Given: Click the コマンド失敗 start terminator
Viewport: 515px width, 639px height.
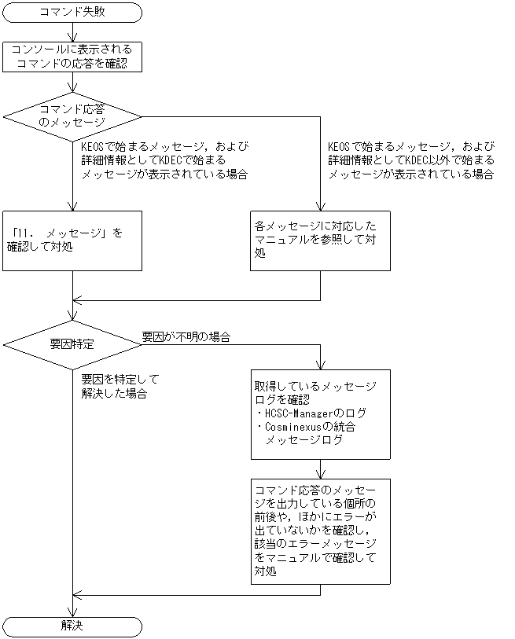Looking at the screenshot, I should click(x=72, y=12).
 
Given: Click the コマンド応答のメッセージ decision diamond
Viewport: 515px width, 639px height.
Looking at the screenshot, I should click(x=72, y=116).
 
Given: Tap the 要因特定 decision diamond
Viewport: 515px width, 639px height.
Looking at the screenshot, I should click(x=72, y=344).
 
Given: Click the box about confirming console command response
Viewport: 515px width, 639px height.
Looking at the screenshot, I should click(x=72, y=57).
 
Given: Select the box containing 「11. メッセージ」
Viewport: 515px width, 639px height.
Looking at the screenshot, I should click(x=72, y=241).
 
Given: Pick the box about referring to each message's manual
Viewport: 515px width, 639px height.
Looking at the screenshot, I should click(x=321, y=241).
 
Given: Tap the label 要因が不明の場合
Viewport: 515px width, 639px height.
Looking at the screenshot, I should click(x=186, y=336).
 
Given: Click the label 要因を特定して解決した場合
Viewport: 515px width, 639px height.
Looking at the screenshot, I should click(x=114, y=387).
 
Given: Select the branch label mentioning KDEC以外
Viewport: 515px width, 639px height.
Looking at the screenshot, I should click(x=410, y=160).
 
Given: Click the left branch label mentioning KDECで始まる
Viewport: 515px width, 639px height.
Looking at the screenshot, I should click(x=165, y=160).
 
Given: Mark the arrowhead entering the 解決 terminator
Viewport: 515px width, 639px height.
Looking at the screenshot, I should click(x=72, y=613).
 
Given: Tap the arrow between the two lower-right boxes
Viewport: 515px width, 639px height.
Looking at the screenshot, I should click(x=321, y=469).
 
